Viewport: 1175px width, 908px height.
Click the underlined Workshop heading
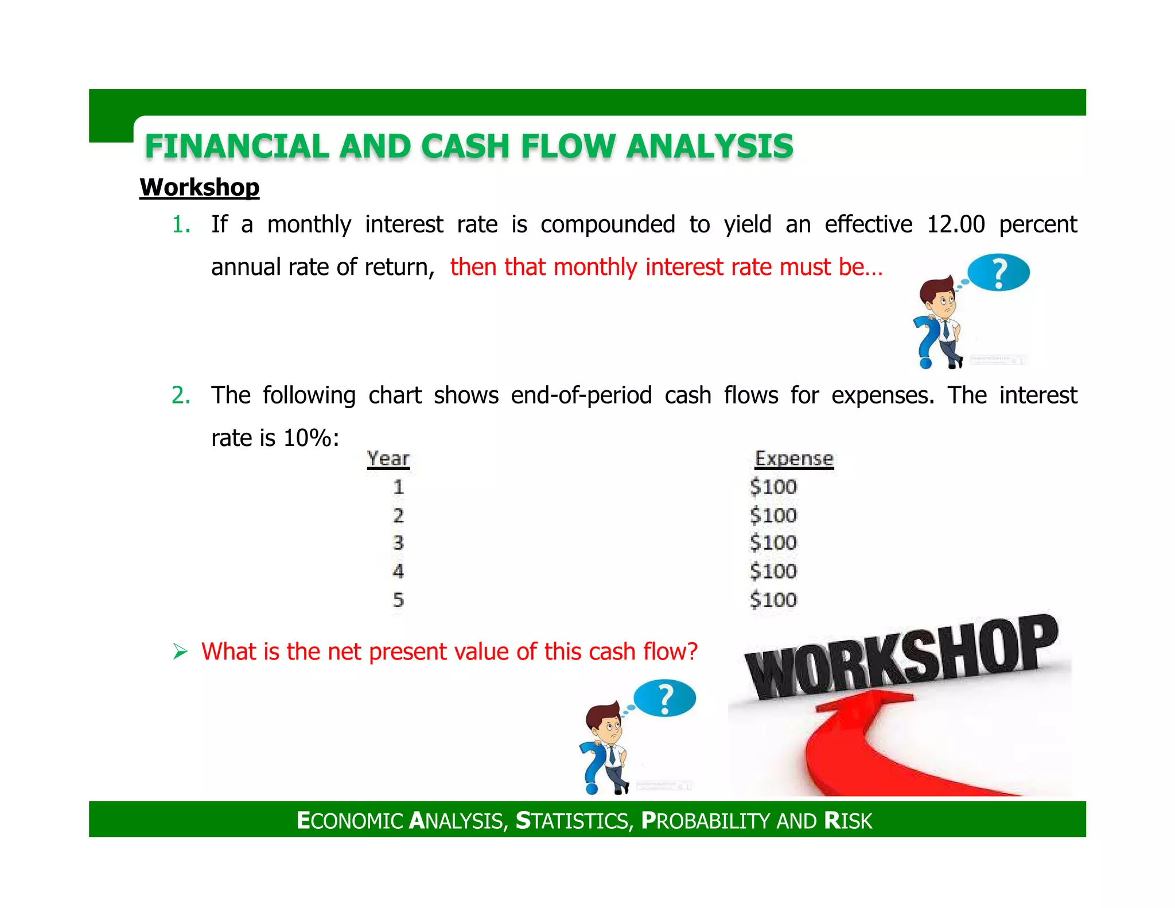199,188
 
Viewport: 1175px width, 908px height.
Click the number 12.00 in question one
955,224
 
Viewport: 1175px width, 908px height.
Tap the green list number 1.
181,224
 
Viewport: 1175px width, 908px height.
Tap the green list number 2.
181,395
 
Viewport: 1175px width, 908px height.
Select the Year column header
388,459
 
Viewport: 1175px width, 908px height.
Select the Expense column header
793,459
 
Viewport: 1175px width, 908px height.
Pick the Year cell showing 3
398,543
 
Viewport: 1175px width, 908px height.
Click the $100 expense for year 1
773,487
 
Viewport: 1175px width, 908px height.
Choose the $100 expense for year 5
773,600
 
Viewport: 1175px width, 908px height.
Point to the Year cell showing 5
398,600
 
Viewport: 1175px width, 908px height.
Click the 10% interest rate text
307,439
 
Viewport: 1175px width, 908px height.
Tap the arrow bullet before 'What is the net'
180,652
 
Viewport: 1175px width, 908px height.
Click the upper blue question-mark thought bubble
998,273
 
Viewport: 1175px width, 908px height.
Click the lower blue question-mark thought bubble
664,699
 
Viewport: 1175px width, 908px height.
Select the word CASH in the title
465,146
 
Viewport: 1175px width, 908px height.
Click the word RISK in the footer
848,821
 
